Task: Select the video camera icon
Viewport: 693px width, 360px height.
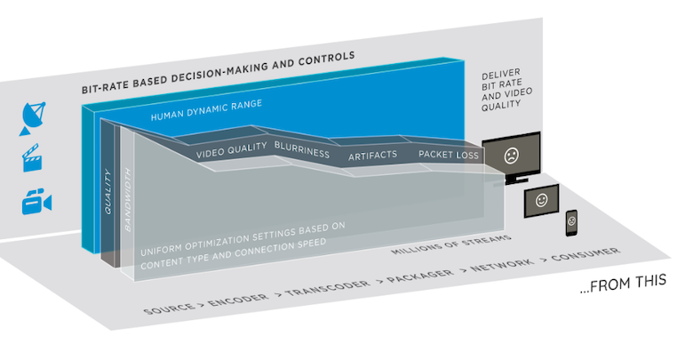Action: click(36, 202)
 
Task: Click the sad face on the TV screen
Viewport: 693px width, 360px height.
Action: click(511, 156)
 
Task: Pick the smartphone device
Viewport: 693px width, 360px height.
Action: click(571, 223)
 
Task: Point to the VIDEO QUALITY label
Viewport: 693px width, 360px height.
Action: click(231, 153)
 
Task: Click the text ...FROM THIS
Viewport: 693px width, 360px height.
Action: click(622, 287)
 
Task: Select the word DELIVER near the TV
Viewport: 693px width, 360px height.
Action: click(498, 77)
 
